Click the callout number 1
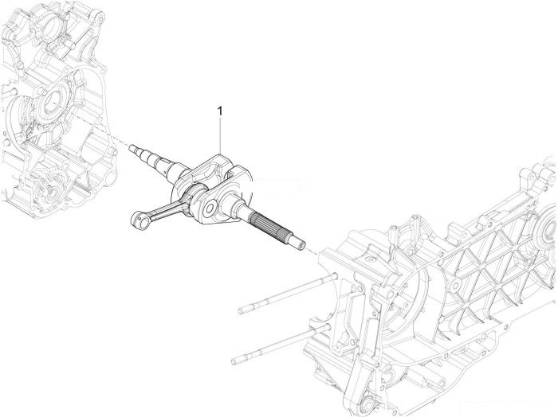pos(220,111)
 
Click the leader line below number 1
pos(220,135)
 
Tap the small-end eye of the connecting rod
pos(139,220)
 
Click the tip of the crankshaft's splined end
pos(302,246)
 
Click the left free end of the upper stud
pos(242,311)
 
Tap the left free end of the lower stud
pos(234,361)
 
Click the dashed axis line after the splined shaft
pos(312,251)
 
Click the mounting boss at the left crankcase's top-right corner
pos(99,17)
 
